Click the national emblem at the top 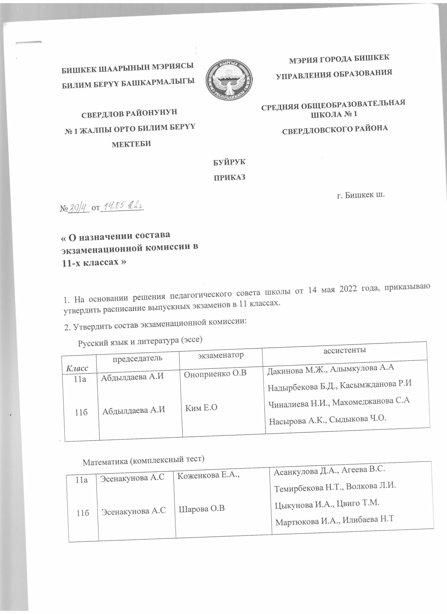click(228, 78)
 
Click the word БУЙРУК click(229, 162)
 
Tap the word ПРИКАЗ click(230, 177)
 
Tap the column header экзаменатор click(221, 355)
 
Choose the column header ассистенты click(345, 350)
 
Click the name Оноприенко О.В click(215, 373)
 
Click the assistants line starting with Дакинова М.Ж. click(330, 370)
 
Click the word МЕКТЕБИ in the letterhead click(131, 144)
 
